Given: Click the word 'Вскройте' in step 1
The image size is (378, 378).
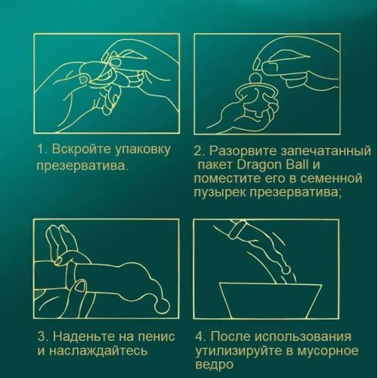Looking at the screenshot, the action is [x=81, y=149].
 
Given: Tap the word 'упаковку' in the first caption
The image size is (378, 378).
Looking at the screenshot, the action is [x=143, y=150].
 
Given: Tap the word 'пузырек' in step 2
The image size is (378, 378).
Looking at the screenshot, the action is [x=219, y=194].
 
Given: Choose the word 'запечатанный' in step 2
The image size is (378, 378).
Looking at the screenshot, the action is [x=325, y=152].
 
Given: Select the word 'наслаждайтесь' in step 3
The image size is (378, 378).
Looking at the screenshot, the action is [x=98, y=351].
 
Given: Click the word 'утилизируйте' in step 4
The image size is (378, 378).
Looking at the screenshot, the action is [x=240, y=352].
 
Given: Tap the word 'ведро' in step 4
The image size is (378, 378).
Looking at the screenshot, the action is [x=213, y=366].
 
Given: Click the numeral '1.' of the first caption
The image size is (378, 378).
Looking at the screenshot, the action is [x=42, y=149].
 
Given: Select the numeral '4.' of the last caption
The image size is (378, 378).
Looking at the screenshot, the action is [x=201, y=336].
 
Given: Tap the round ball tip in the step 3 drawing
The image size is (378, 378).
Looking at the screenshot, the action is [x=161, y=305].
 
